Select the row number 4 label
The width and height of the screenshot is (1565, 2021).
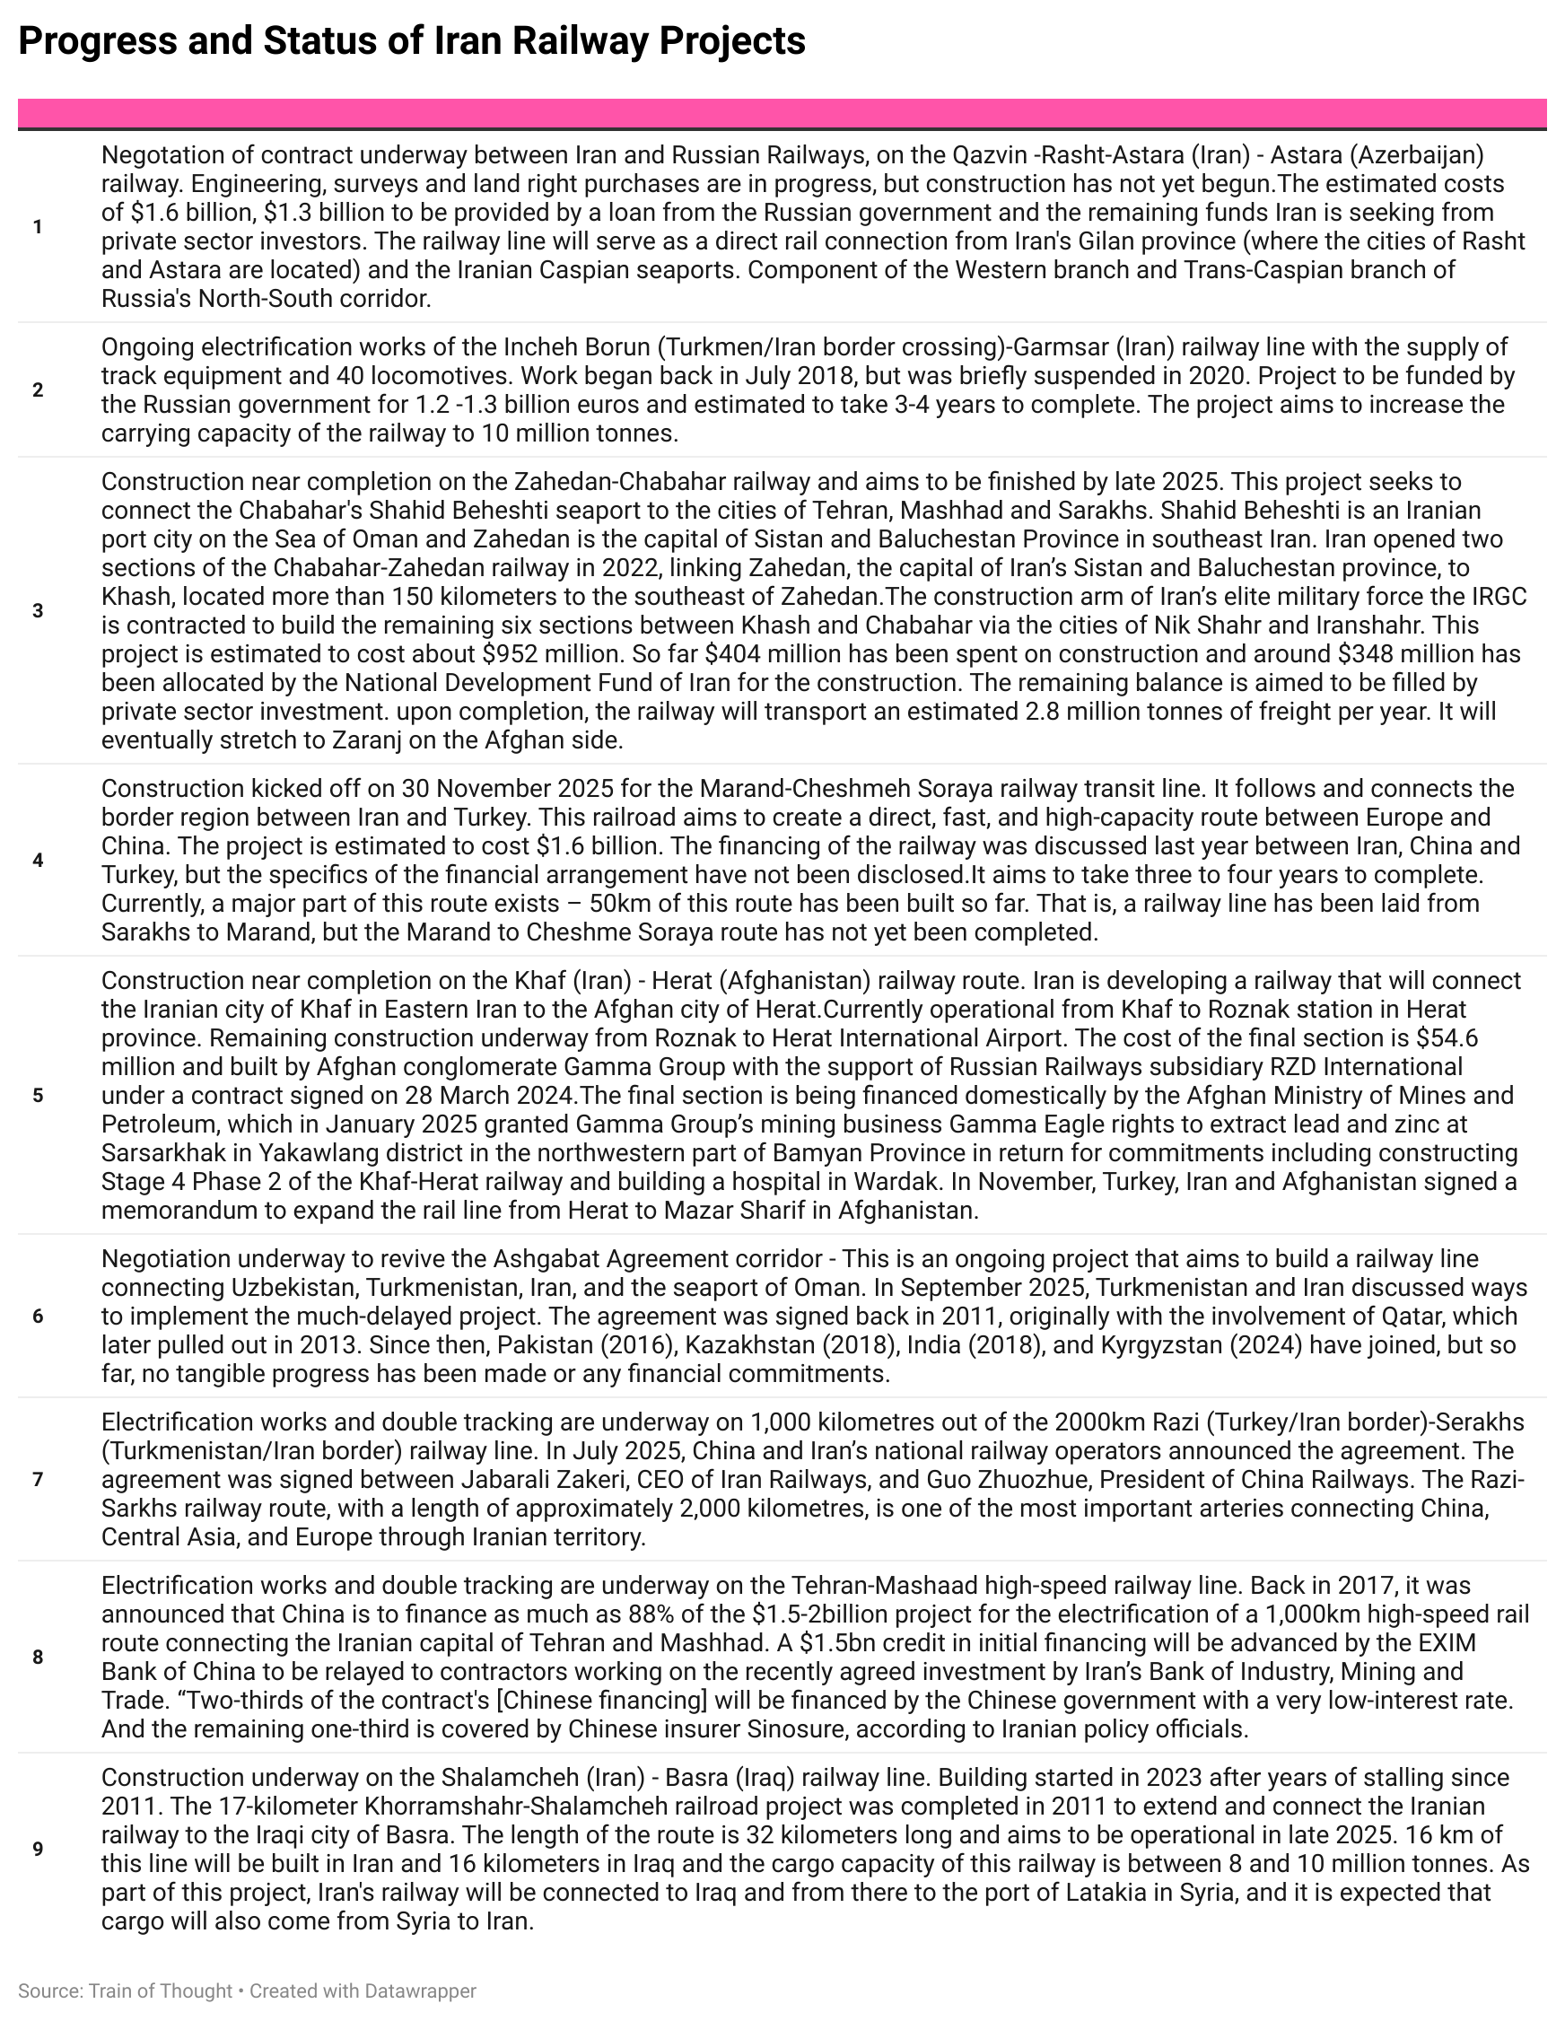click(38, 861)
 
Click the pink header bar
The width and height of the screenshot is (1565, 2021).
click(782, 113)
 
